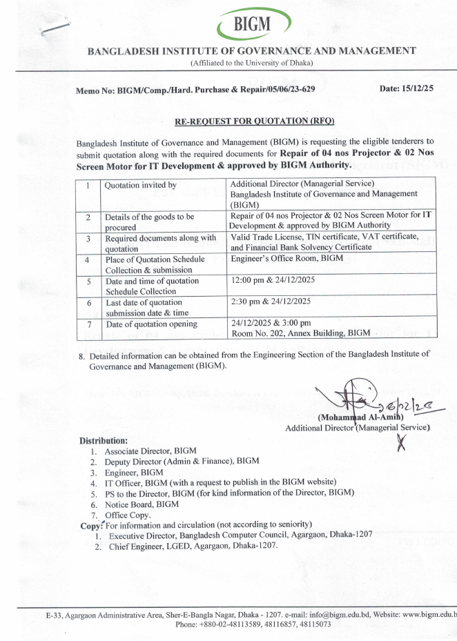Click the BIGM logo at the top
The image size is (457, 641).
[x=253, y=26]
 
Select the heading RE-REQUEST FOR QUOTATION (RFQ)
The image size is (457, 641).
[x=254, y=121]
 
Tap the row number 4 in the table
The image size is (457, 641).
[x=88, y=261]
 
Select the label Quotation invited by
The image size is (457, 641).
[x=140, y=185]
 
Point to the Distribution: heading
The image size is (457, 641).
[x=104, y=440]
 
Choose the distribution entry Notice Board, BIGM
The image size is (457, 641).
[x=132, y=504]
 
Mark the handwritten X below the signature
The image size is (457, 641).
[x=401, y=444]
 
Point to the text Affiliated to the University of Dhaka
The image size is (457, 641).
[x=252, y=63]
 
